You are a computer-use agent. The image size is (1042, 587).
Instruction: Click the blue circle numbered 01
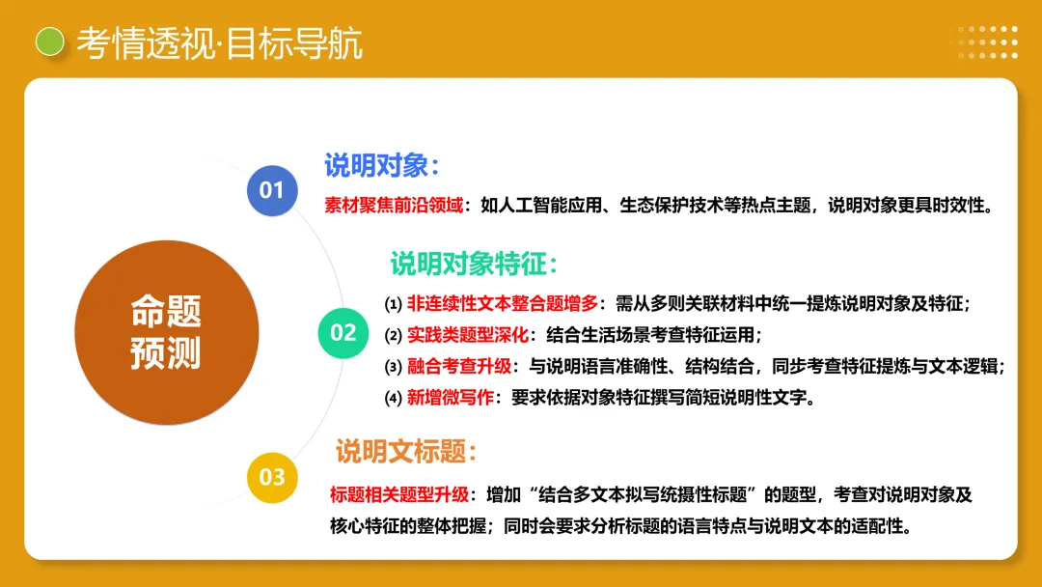pyautogui.click(x=272, y=190)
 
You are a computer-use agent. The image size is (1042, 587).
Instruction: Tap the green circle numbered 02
pyautogui.click(x=343, y=333)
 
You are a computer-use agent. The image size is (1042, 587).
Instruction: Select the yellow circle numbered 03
pyautogui.click(x=272, y=477)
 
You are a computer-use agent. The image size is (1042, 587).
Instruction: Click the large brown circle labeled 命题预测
pyautogui.click(x=166, y=332)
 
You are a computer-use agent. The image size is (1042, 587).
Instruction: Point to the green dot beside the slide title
pyautogui.click(x=49, y=42)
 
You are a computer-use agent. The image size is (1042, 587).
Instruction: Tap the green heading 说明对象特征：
pyautogui.click(x=474, y=263)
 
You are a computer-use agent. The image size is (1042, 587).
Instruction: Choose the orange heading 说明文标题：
pyautogui.click(x=406, y=451)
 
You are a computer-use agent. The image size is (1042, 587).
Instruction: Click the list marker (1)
pyautogui.click(x=393, y=304)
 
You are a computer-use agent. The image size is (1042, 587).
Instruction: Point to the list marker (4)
pyautogui.click(x=393, y=398)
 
